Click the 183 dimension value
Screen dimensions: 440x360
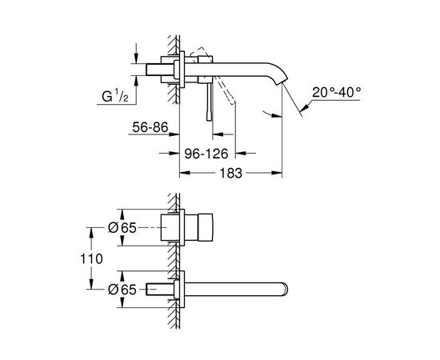tap(230, 173)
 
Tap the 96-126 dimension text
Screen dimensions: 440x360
tap(206, 154)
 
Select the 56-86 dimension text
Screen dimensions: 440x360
tap(150, 127)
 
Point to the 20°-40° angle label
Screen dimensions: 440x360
tap(337, 92)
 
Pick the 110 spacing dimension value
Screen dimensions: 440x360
tap(91, 258)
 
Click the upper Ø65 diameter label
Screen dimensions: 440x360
tap(122, 227)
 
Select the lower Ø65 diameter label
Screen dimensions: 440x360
tap(122, 290)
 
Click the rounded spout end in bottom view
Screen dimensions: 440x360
tap(285, 290)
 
